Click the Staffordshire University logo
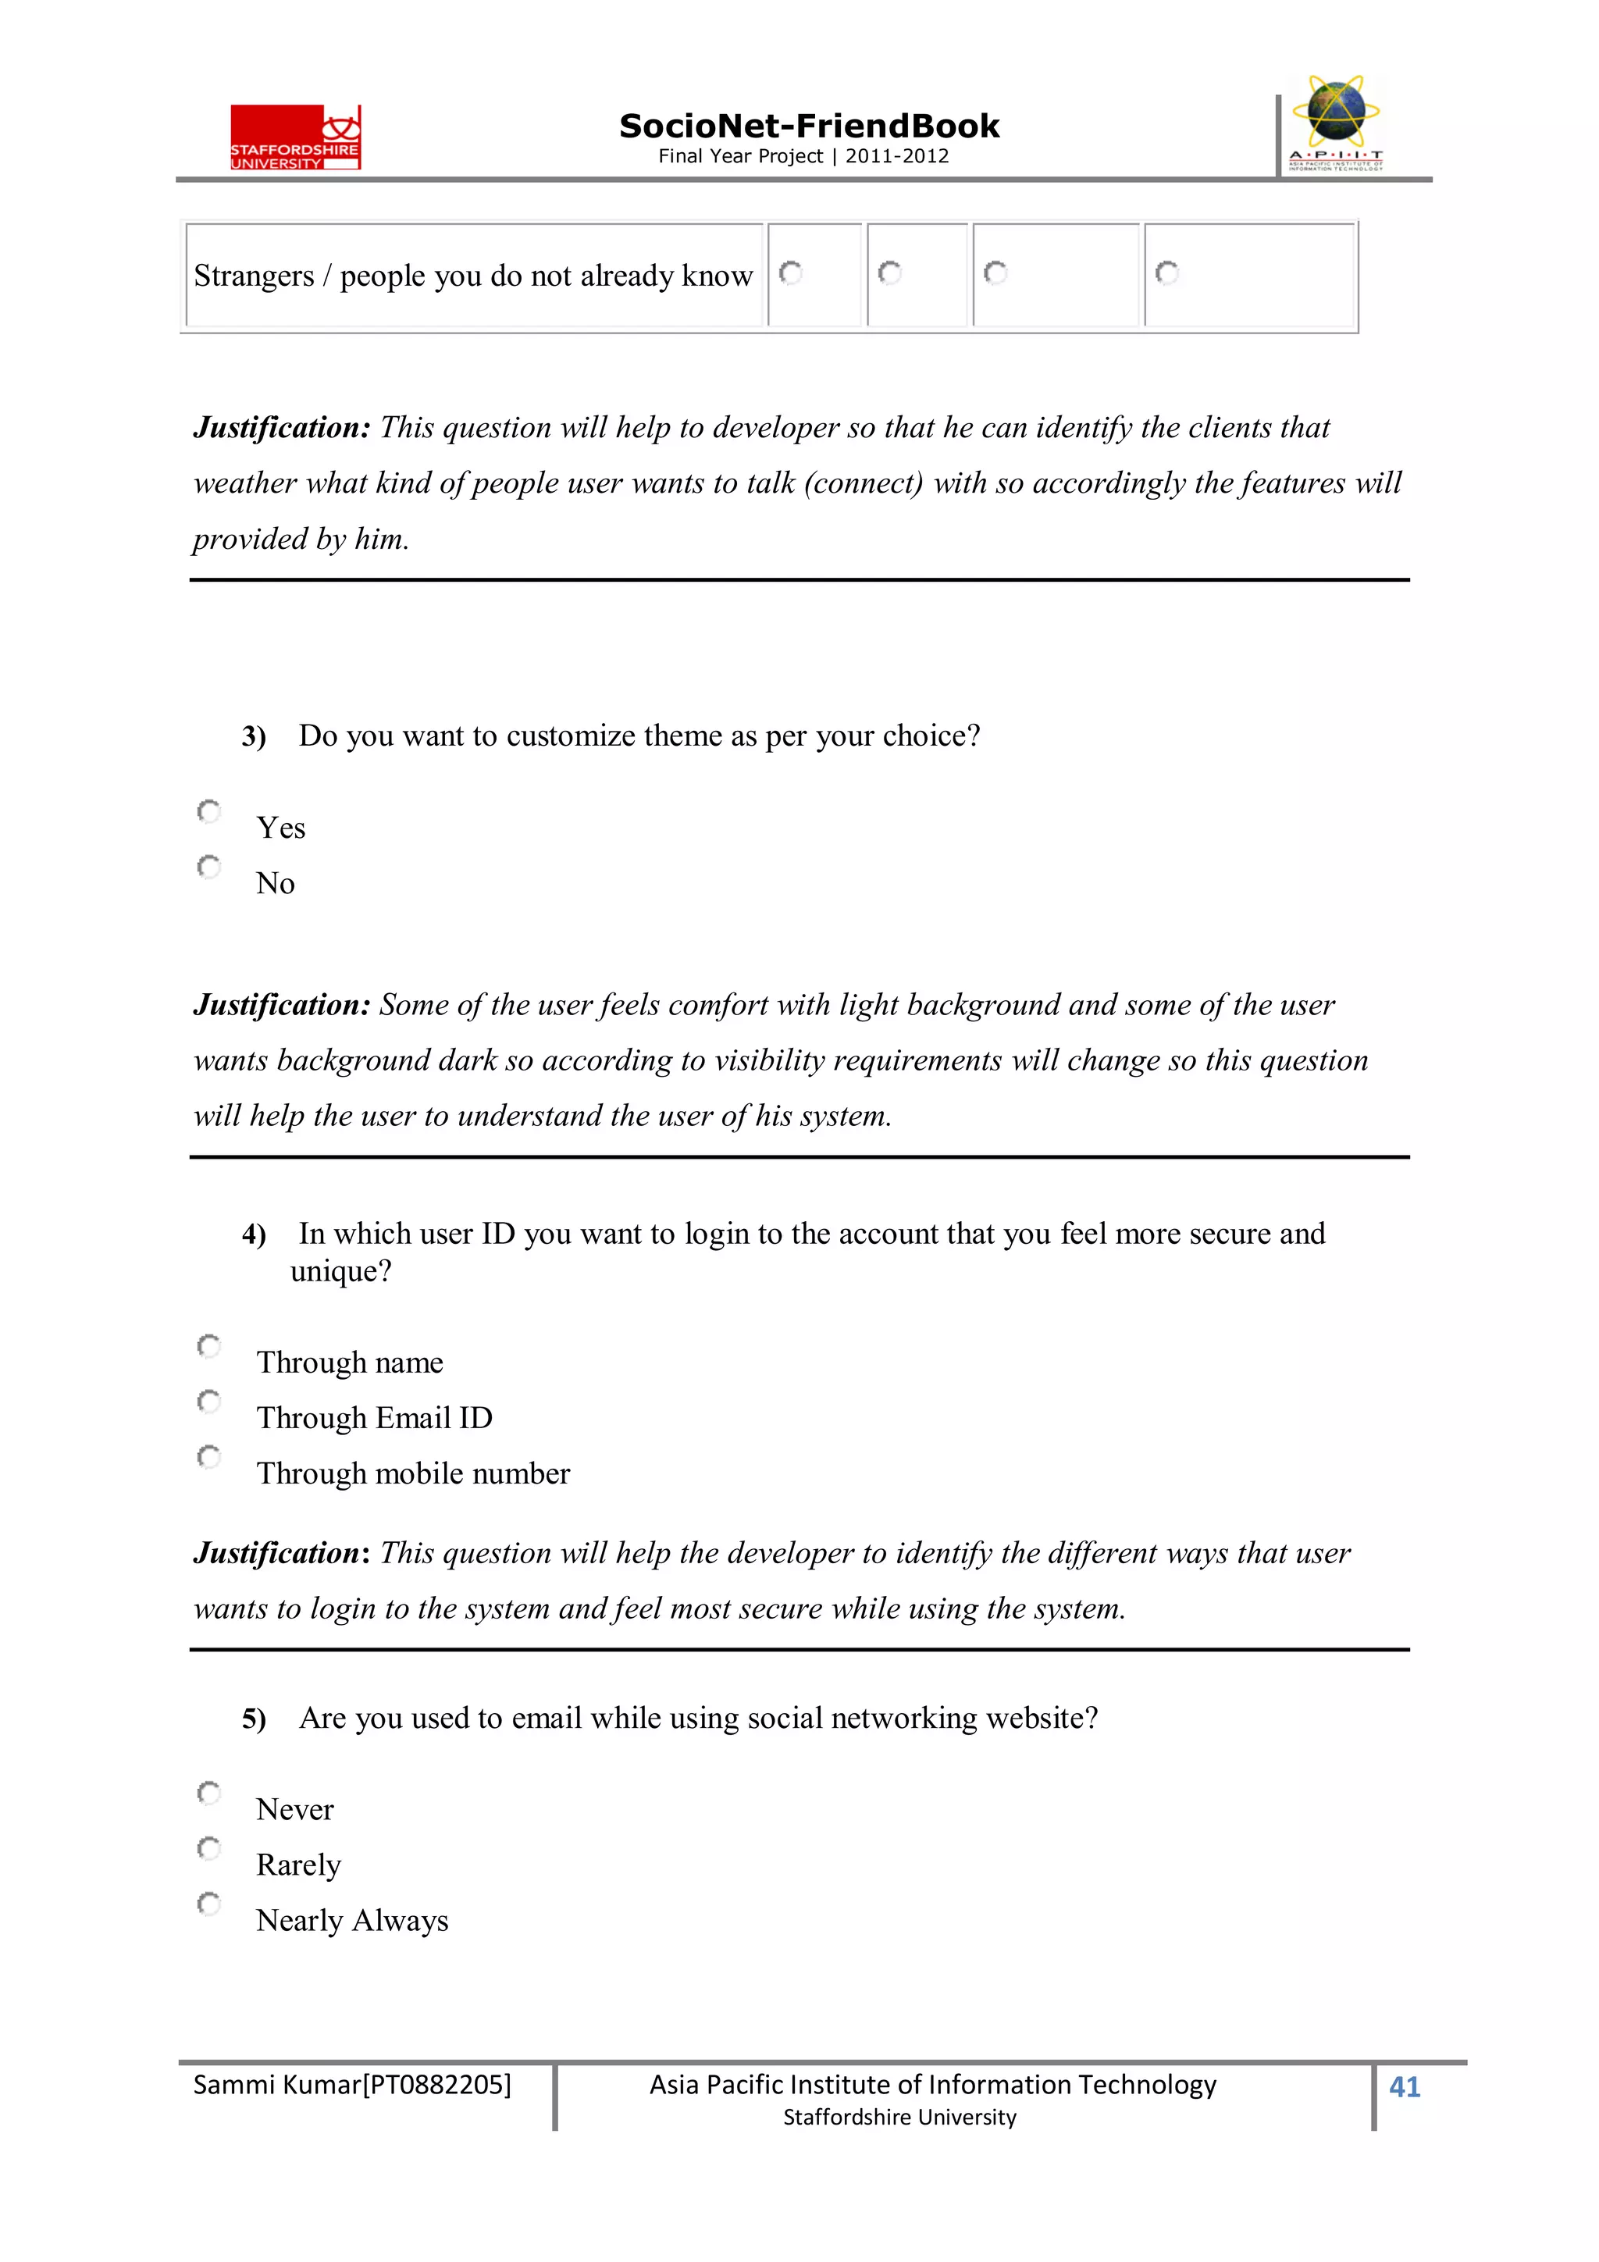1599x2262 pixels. point(296,137)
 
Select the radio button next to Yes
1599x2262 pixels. point(209,812)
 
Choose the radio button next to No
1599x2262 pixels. point(209,867)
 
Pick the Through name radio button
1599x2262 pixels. point(209,1346)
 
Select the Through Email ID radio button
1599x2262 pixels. point(209,1401)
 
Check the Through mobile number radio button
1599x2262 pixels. point(209,1456)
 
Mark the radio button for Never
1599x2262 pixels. point(209,1793)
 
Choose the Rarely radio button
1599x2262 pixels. point(209,1848)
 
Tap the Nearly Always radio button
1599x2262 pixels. point(209,1904)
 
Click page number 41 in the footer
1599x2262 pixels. point(1404,2086)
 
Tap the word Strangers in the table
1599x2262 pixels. point(253,276)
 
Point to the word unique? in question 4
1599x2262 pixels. point(341,1272)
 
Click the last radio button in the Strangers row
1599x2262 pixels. point(1167,273)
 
